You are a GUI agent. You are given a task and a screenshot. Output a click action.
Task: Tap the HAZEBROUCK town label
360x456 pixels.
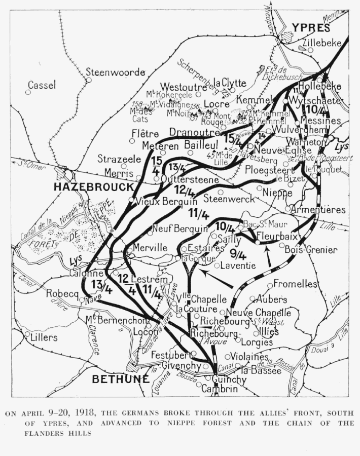pos(93,187)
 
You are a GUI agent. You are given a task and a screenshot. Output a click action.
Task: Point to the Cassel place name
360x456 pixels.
pos(42,85)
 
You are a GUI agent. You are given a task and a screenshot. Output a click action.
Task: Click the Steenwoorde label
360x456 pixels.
pos(116,72)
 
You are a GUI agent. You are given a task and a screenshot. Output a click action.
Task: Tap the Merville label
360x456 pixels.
pos(150,248)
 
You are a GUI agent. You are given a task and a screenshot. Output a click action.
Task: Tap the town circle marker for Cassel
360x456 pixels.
pos(28,92)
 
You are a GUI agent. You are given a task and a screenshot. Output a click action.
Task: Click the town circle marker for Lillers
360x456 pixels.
pos(27,334)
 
